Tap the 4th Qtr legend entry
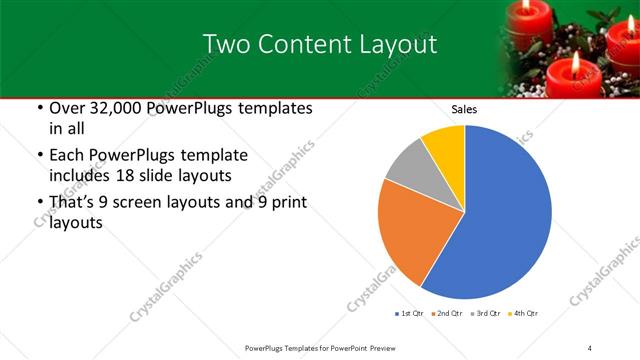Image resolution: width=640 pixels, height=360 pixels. click(523, 313)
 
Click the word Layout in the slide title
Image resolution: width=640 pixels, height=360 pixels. click(399, 43)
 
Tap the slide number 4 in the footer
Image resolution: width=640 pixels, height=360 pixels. click(590, 347)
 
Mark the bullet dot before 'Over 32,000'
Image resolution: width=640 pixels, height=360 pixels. click(39, 108)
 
